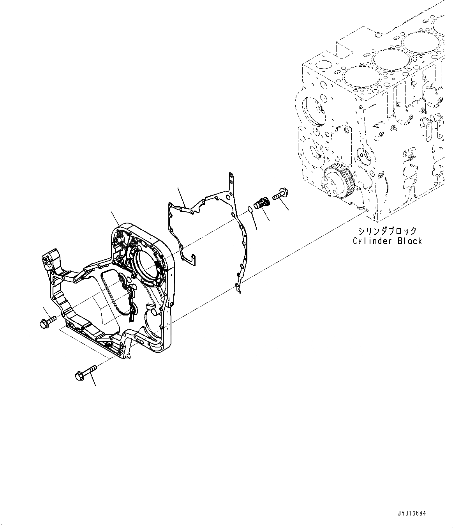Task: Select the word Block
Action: [x=410, y=241]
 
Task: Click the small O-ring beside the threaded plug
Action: [x=250, y=211]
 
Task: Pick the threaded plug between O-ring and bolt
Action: [x=261, y=204]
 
